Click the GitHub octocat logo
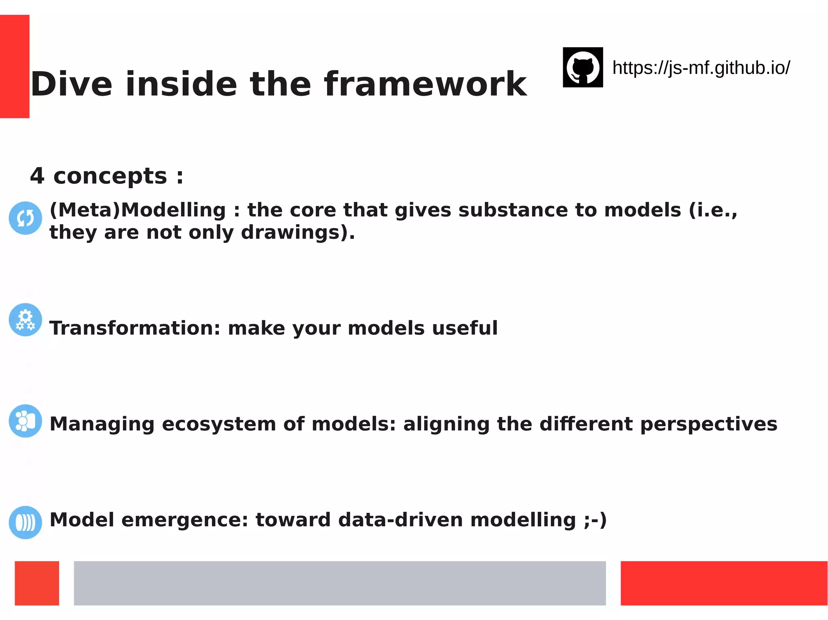point(583,67)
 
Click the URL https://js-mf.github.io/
point(701,68)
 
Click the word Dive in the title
point(72,84)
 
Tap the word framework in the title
point(425,84)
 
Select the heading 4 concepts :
point(107,176)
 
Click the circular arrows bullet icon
point(25,218)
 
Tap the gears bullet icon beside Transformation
point(25,320)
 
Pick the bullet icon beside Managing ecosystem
point(25,421)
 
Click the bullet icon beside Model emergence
point(25,522)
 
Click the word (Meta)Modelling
point(137,210)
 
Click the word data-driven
point(400,520)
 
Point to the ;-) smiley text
point(595,520)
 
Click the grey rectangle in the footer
point(340,583)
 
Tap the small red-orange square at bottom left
point(37,583)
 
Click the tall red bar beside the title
point(15,66)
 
